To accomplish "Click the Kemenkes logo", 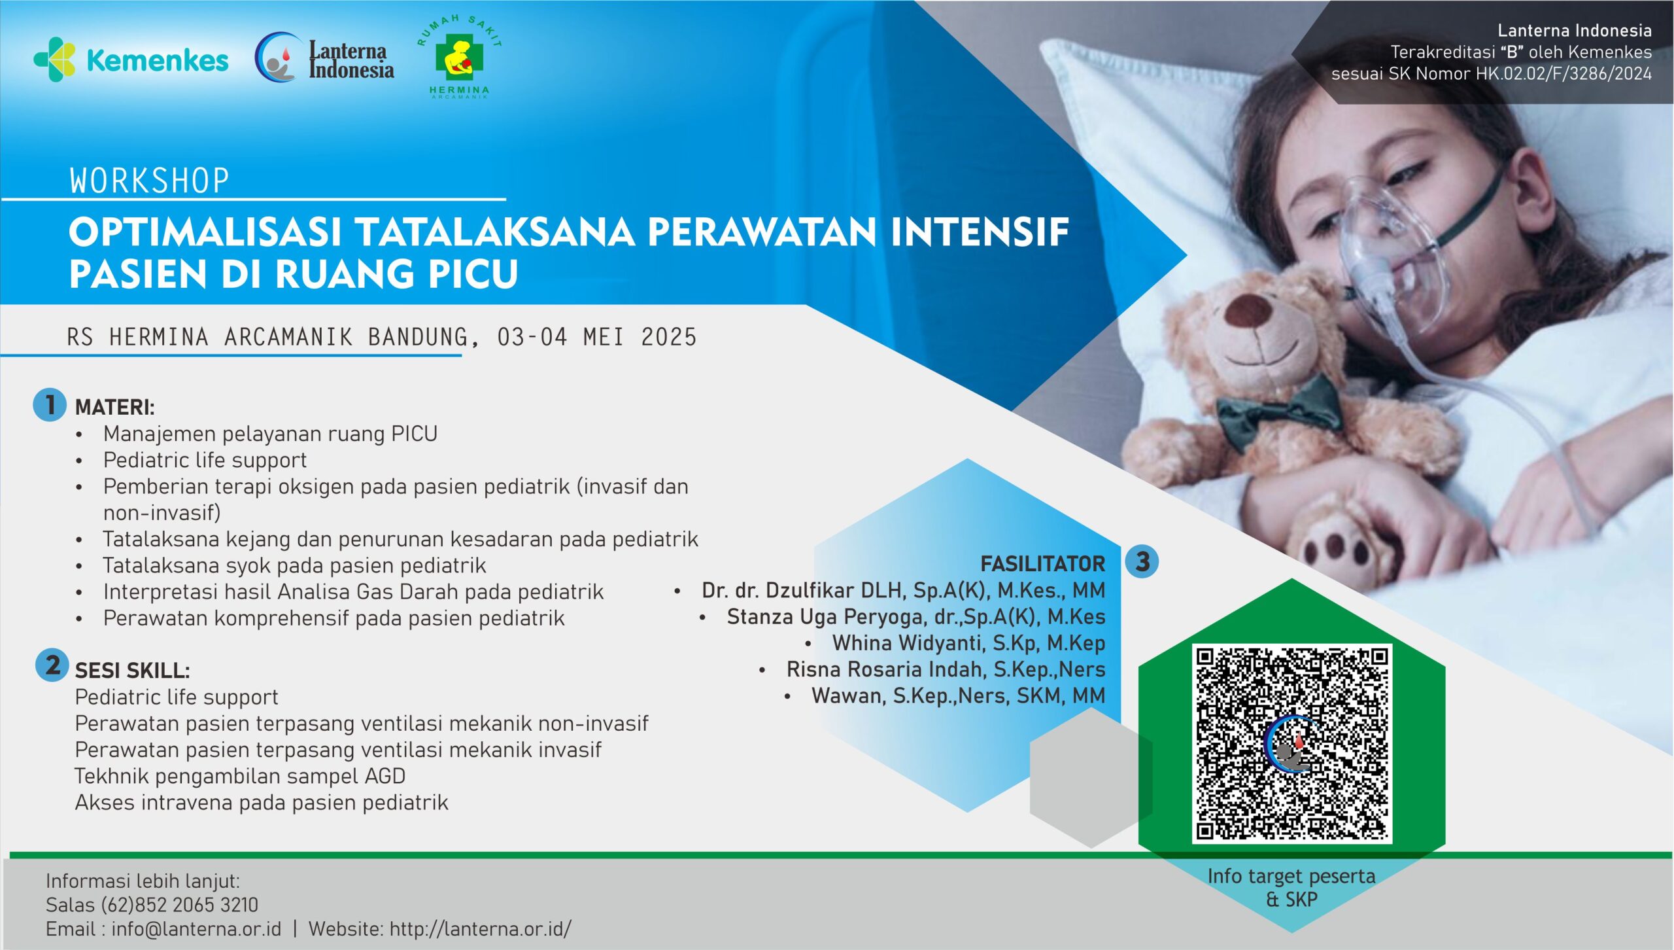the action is point(131,60).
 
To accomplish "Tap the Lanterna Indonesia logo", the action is point(324,59).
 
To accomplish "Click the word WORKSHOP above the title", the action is point(150,181).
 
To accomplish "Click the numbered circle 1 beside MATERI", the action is point(50,404).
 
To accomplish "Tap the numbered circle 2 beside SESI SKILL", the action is point(52,665).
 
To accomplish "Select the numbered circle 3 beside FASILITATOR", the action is point(1142,561).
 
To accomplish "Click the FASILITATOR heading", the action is point(1042,563).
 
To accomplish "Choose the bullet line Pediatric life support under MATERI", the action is point(205,460).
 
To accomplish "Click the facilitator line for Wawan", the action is point(958,695).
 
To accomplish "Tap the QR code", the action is point(1291,743).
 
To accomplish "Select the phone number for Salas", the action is point(179,905).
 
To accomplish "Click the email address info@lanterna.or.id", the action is point(196,929).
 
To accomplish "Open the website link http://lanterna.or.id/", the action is point(481,929).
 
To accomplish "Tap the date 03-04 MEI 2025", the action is point(597,337).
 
